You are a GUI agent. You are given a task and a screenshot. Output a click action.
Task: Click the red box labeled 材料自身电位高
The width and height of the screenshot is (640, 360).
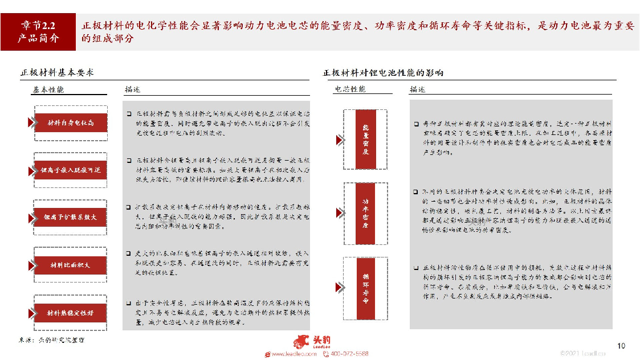click(71, 122)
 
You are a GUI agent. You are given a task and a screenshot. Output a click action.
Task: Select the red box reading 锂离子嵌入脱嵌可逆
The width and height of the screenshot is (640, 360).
click(71, 170)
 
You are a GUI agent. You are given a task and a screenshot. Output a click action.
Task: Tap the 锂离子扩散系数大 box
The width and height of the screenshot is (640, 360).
click(71, 218)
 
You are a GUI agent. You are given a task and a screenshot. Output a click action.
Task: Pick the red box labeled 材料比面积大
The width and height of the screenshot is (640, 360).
click(71, 265)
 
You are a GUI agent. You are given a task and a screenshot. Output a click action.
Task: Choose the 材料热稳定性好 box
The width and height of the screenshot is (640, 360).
click(71, 312)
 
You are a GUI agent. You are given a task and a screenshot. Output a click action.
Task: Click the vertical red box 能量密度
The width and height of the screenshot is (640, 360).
click(366, 139)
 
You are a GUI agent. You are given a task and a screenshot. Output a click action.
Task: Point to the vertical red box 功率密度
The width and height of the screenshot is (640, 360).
click(366, 213)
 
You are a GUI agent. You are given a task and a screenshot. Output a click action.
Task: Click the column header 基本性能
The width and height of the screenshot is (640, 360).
click(48, 89)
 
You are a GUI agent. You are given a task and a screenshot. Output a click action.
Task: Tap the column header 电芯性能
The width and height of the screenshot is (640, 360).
click(350, 89)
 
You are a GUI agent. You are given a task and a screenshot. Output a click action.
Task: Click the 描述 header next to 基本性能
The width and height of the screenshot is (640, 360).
click(132, 89)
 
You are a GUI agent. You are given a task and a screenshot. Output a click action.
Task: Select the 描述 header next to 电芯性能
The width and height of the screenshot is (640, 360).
click(417, 89)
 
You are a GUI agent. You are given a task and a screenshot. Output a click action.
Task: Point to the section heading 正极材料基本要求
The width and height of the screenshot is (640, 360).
click(57, 73)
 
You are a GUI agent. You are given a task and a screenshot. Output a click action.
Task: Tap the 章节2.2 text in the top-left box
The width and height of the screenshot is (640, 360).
click(38, 26)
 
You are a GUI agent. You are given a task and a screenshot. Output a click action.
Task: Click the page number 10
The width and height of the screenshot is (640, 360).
click(621, 346)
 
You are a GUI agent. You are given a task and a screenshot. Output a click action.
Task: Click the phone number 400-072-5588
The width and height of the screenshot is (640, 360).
click(349, 354)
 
